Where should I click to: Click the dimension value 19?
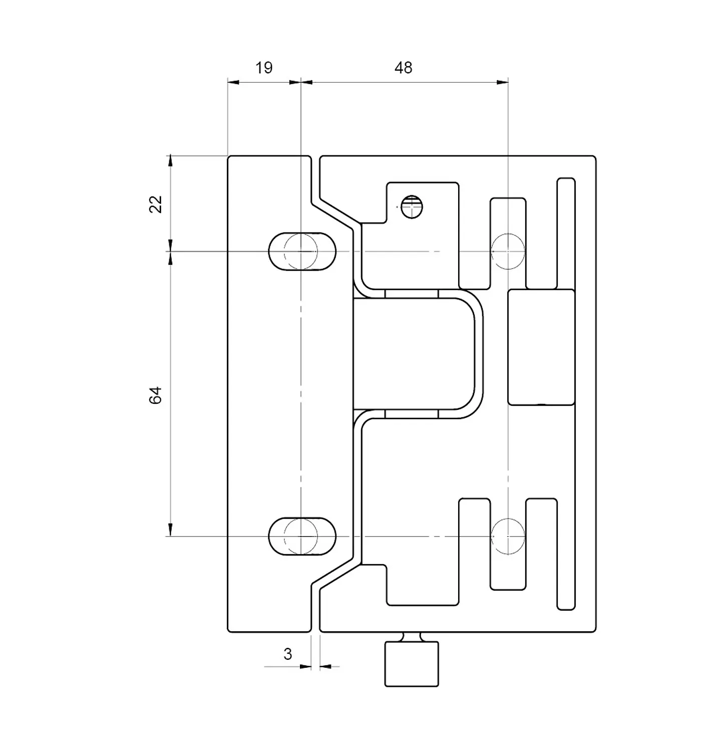(x=264, y=68)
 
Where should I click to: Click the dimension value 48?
(x=403, y=68)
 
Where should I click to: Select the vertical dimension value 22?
(x=156, y=204)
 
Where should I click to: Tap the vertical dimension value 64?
(x=156, y=395)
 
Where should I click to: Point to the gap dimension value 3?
(x=287, y=654)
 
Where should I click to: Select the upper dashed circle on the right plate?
(x=508, y=251)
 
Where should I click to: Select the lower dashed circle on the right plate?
(x=508, y=537)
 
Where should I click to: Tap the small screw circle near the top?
(x=412, y=206)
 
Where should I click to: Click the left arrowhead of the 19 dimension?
(x=233, y=82)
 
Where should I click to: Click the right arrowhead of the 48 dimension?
(x=502, y=82)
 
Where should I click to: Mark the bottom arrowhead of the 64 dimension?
(x=170, y=530)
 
